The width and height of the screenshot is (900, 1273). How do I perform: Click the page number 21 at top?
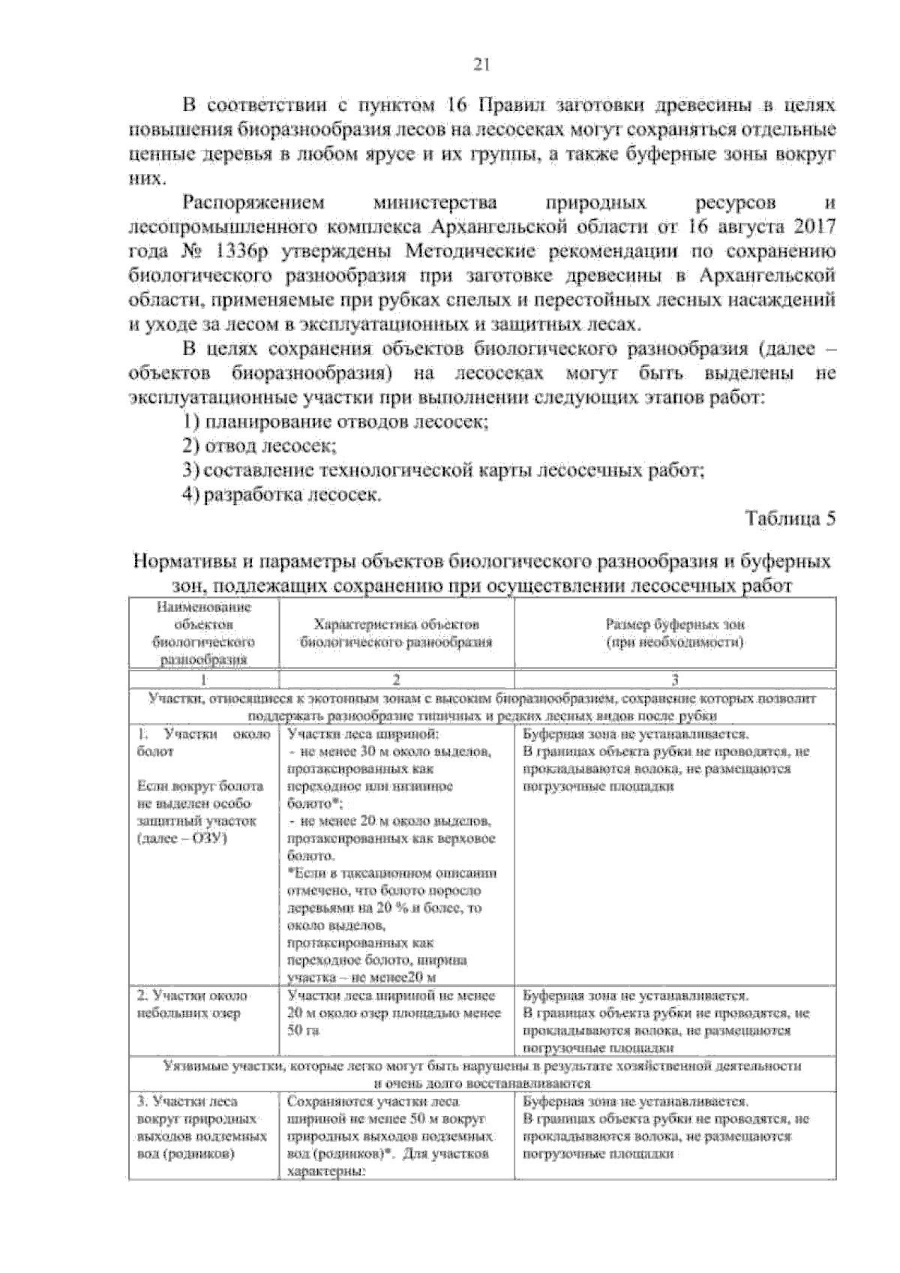click(x=481, y=65)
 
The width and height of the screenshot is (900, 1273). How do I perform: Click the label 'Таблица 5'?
click(x=789, y=519)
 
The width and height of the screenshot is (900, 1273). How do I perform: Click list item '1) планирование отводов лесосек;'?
click(x=336, y=422)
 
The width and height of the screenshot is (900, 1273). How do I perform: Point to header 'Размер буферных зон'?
click(x=675, y=624)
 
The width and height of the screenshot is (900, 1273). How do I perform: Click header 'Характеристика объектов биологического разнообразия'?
click(x=396, y=633)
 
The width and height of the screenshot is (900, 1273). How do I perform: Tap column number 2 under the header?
click(x=396, y=680)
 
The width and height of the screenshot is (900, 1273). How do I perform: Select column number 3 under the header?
click(x=675, y=680)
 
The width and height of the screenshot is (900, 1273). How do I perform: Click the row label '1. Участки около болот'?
click(x=202, y=743)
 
